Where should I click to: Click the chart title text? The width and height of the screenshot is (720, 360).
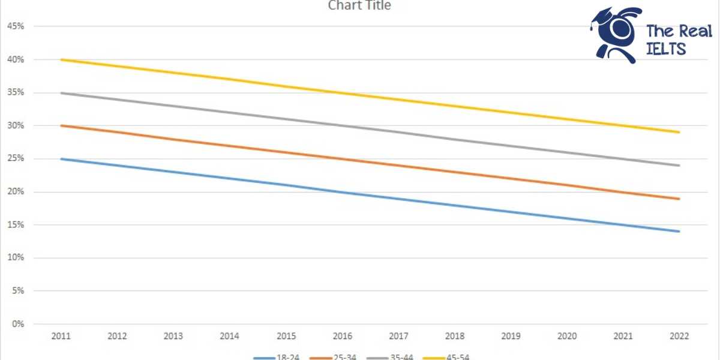359,5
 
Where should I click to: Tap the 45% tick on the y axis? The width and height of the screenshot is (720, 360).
16,26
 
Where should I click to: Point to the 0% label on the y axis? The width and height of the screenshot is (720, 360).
18,324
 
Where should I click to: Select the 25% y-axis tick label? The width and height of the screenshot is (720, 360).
16,159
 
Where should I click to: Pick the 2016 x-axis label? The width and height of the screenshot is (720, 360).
342,337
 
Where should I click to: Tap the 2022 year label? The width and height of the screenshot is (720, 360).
679,337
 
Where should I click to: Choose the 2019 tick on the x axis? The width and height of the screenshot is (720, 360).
511,337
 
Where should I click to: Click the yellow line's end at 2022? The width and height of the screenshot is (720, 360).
679,132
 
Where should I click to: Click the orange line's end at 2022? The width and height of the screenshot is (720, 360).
679,199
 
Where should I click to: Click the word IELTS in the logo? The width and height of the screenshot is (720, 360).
665,50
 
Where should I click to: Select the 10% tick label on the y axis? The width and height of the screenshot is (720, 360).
16,258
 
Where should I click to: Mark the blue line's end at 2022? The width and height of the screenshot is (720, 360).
679,231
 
